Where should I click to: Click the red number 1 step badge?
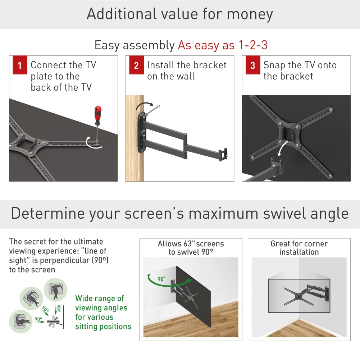[20, 65]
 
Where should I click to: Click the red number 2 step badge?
[136, 65]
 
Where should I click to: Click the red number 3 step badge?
[253, 65]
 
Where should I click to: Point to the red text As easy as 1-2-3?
[222, 45]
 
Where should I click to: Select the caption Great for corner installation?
[299, 248]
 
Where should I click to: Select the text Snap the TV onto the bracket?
[300, 70]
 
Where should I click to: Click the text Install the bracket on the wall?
[187, 70]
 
